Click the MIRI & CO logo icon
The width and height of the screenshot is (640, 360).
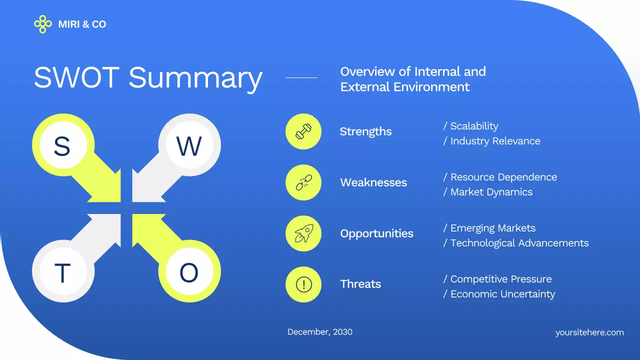click(x=42, y=24)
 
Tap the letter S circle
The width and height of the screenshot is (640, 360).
click(x=62, y=146)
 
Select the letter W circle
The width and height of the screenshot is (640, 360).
click(x=189, y=146)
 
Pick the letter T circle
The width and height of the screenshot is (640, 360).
click(x=62, y=273)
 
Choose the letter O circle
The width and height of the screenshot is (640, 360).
click(x=189, y=273)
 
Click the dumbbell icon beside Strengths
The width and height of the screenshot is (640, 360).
click(x=303, y=131)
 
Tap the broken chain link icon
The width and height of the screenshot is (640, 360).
click(x=303, y=182)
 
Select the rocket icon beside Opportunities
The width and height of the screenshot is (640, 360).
click(x=303, y=233)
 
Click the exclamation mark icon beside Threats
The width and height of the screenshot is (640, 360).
click(x=303, y=284)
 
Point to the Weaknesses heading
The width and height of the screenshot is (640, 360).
click(x=373, y=182)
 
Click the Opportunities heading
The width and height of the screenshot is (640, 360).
click(x=376, y=233)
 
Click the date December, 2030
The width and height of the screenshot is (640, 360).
click(x=320, y=332)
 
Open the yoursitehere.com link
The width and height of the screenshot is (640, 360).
click(x=589, y=332)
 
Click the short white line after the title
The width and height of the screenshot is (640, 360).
click(x=301, y=78)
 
